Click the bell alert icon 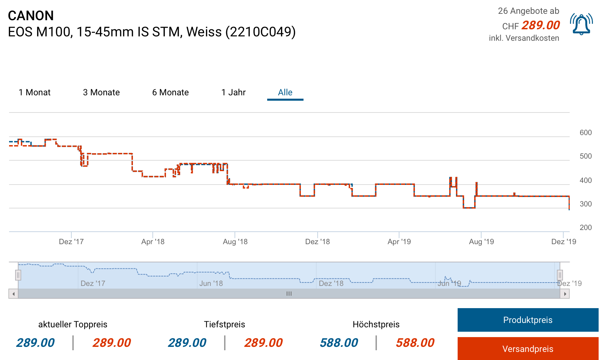pos(581,24)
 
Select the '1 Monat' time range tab pos(35,92)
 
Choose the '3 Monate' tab pos(101,92)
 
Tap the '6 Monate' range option pos(170,92)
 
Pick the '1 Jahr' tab pos(234,92)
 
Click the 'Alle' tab pos(285,92)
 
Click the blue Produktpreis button pos(528,320)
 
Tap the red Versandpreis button pos(528,349)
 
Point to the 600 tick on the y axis pos(586,133)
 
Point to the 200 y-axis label pos(586,228)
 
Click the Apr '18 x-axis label pos(153,241)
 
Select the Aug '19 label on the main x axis pos(481,241)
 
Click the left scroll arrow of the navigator pos(13,294)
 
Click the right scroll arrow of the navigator pos(565,294)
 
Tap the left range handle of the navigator pos(18,275)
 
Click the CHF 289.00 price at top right pos(540,25)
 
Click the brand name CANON pos(31,15)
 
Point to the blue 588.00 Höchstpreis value pos(339,342)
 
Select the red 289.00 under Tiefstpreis pos(263,342)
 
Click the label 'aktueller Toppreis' pos(73,324)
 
